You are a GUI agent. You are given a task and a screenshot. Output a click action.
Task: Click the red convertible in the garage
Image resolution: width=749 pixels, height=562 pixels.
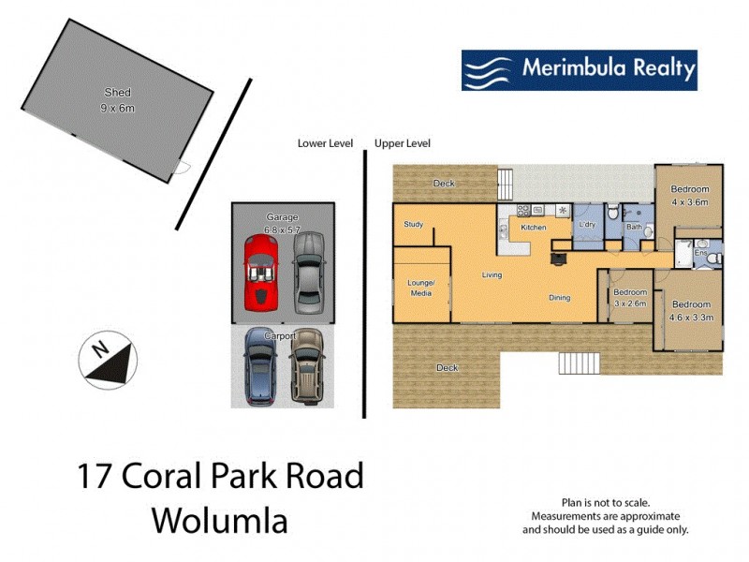point(261,273)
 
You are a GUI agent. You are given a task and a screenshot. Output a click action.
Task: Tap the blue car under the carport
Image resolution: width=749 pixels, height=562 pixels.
point(261,366)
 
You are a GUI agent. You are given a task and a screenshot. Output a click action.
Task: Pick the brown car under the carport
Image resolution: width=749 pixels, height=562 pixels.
point(306,366)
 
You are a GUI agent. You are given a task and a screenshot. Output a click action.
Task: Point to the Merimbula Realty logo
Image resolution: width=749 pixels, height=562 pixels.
point(579,70)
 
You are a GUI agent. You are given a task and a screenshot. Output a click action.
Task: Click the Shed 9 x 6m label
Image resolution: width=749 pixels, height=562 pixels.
point(118,100)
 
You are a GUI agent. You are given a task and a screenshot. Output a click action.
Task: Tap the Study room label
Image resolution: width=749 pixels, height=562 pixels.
point(414,225)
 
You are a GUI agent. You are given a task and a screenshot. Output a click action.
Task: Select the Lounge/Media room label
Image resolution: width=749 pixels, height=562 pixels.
point(421,288)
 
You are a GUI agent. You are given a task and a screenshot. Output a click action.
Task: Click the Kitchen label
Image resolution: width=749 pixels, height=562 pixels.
point(534,228)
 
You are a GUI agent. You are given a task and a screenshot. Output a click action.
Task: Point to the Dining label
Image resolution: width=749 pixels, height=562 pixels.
point(559,298)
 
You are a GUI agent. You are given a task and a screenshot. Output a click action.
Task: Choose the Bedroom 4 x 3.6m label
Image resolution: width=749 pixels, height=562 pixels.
point(690,195)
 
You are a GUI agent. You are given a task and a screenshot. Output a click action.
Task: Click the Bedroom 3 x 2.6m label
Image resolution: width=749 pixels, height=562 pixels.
point(629,298)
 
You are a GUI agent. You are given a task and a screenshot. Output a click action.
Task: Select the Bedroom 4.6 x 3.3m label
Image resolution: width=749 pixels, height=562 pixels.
point(692,310)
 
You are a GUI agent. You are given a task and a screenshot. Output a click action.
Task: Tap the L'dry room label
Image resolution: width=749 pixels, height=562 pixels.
point(588,226)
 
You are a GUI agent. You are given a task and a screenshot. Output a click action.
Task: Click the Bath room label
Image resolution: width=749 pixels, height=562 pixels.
point(634,227)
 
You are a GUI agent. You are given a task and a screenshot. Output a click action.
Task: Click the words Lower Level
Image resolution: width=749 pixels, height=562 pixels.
point(325,144)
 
